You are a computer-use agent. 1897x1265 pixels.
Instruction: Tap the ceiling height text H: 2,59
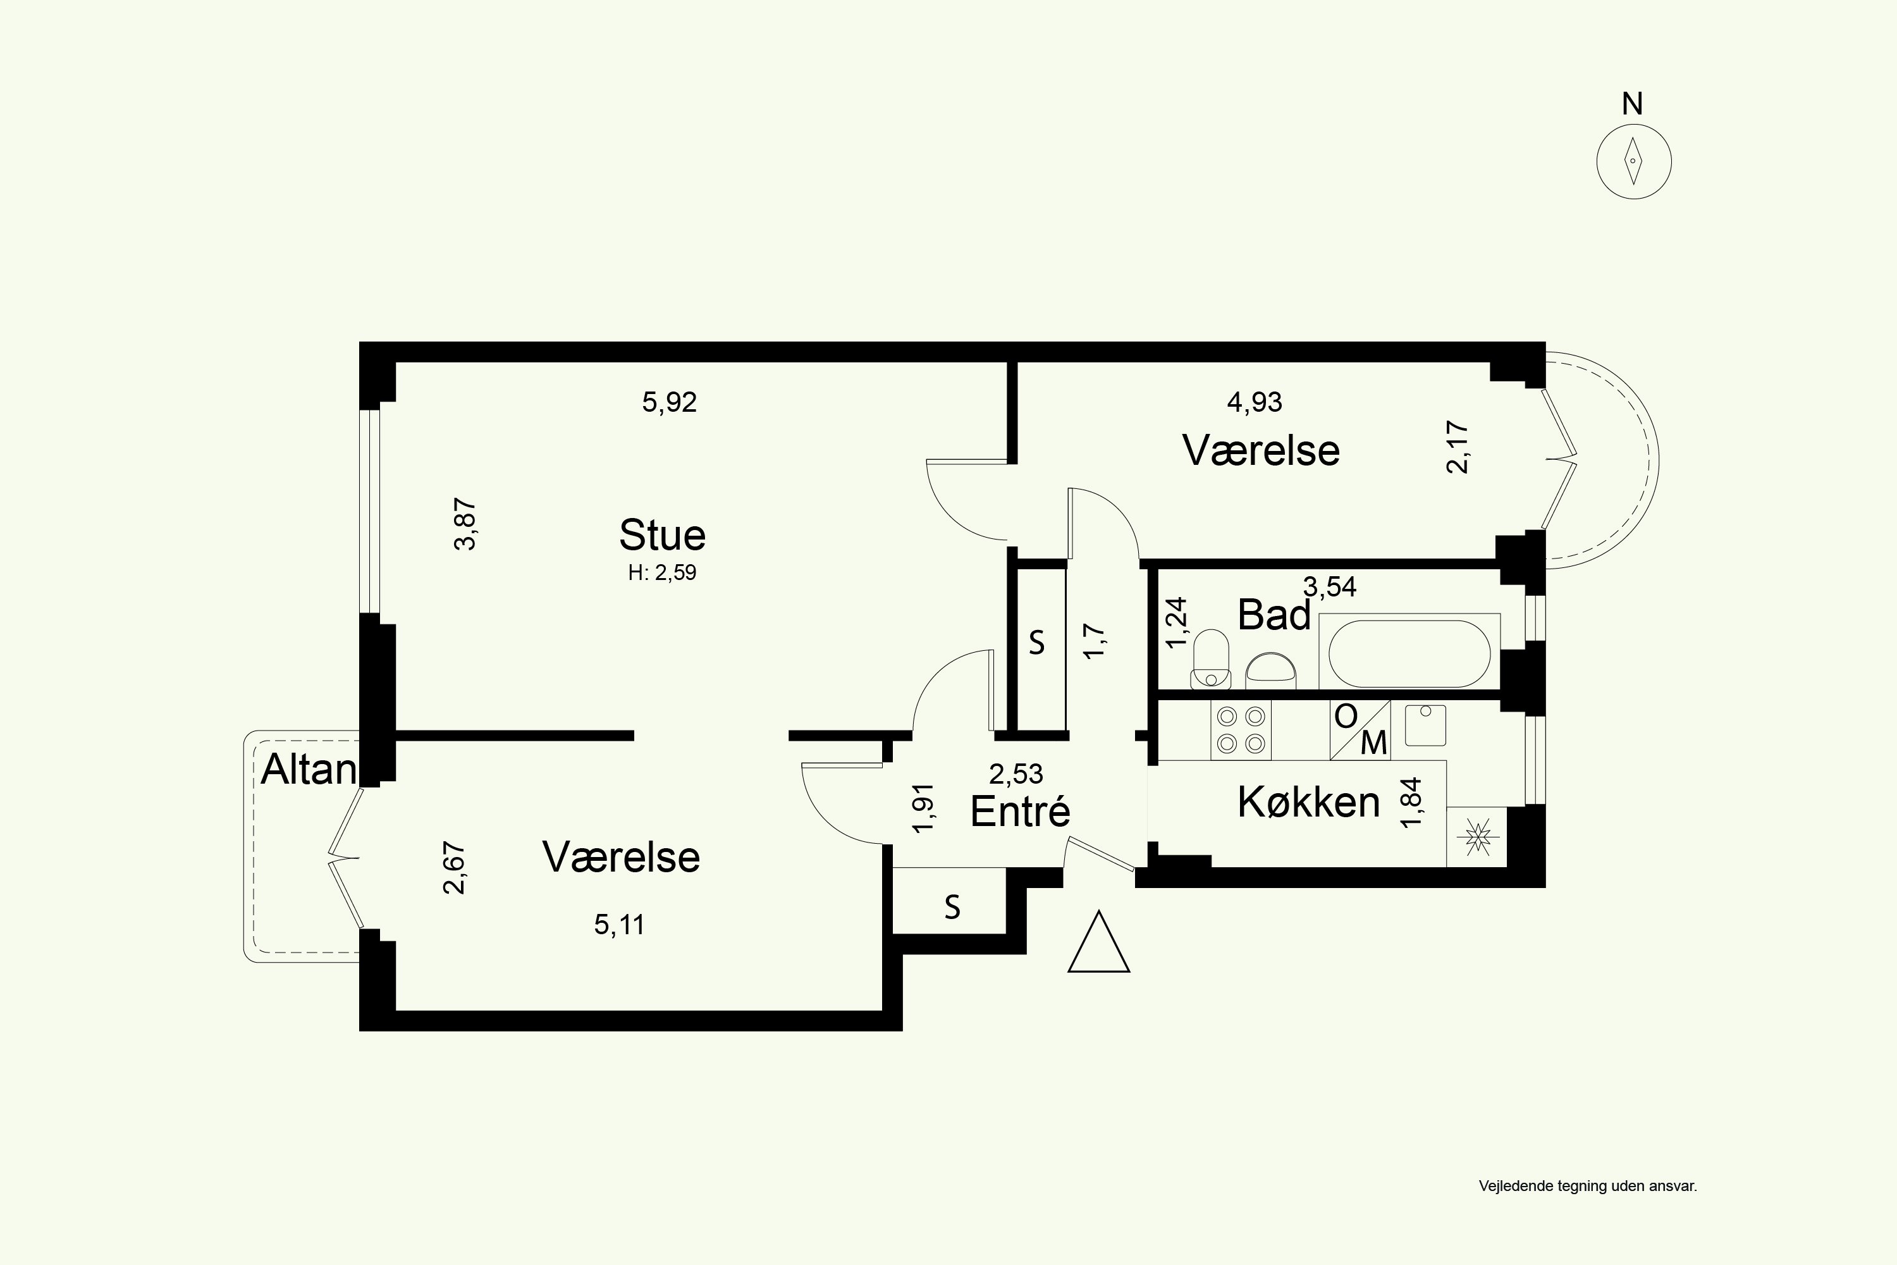pos(662,573)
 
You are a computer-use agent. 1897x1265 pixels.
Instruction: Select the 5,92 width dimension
pos(670,402)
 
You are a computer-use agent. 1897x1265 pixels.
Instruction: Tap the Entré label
pos(1021,811)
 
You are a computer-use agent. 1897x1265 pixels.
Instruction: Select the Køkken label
pos(1309,803)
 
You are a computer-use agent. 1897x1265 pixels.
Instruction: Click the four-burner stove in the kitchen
pos(1241,730)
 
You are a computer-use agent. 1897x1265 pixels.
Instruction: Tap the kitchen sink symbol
pos(1425,724)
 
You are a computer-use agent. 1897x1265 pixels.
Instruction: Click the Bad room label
pos(1274,615)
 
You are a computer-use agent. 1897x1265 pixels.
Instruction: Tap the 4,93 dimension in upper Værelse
pos(1254,402)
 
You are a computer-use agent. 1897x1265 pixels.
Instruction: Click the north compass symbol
pos(1634,161)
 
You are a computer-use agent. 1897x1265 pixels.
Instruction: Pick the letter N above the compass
pos(1633,104)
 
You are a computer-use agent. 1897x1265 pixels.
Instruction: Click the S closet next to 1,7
pos(1037,643)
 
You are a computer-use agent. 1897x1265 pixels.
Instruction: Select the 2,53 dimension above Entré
pos(1016,774)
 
